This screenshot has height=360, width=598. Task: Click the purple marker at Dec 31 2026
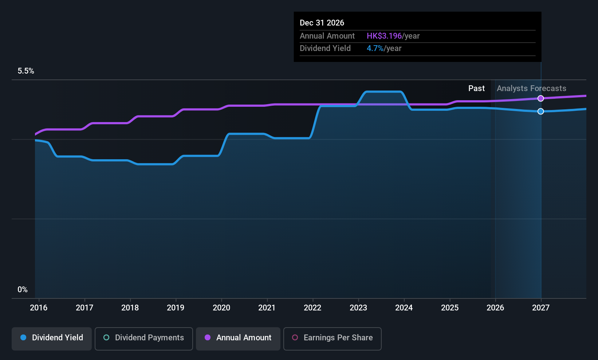541,98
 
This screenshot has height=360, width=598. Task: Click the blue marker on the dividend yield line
541,111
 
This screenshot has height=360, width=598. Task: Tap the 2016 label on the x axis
39,308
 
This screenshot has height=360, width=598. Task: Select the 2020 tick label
221,308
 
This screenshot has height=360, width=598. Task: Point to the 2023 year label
358,308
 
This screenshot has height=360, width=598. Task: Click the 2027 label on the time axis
541,308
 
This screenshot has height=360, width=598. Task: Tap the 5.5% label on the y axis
26,71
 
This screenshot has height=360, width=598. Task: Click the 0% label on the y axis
23,290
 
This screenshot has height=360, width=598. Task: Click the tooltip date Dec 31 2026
322,23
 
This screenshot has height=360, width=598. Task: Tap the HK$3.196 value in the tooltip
384,36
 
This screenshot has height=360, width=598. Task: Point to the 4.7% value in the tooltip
375,48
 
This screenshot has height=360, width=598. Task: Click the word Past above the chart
476,89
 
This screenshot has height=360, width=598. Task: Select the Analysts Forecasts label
531,89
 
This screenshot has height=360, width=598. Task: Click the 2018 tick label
130,308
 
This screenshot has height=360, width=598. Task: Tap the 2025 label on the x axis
450,308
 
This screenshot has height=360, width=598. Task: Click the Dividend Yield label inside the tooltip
325,48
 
